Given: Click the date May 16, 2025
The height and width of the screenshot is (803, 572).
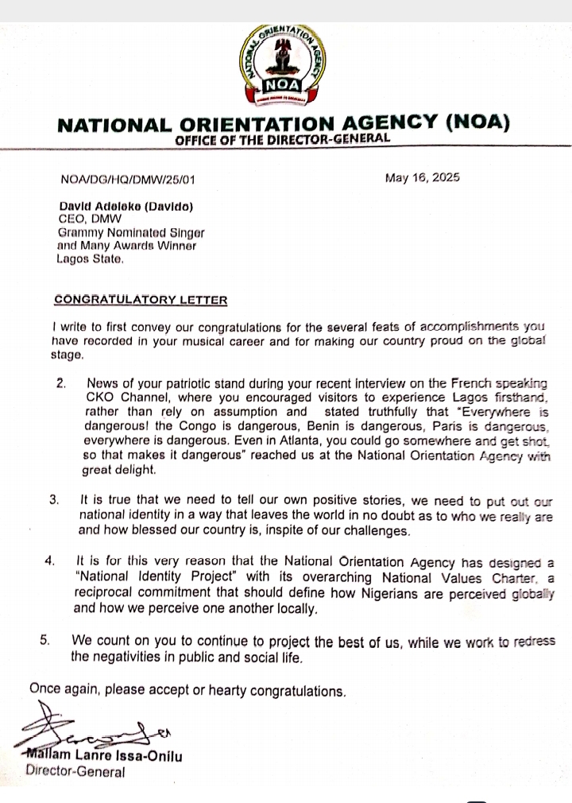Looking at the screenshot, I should click(x=422, y=177).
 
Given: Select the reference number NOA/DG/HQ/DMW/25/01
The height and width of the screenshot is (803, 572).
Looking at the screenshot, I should click(x=127, y=179).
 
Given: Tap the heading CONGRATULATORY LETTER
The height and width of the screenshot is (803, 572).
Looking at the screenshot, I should click(x=141, y=300).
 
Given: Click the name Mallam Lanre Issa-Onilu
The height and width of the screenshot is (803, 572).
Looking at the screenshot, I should click(x=104, y=756).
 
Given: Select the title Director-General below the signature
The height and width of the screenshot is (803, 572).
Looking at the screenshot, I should click(x=75, y=771).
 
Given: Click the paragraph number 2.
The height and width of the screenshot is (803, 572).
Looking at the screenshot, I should click(x=61, y=382).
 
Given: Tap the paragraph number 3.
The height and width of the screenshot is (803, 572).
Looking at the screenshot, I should click(x=54, y=500).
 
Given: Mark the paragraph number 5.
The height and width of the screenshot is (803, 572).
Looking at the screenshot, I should click(x=46, y=640).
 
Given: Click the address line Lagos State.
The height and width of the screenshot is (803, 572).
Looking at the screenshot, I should click(x=90, y=258).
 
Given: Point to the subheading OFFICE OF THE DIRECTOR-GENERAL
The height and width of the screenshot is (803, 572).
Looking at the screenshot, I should click(x=283, y=139).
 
